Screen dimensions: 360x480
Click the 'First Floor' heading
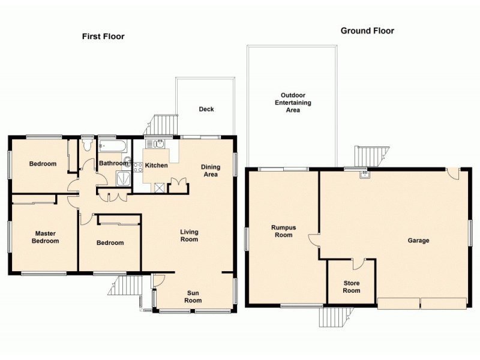[x=103, y=37]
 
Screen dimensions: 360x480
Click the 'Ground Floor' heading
[x=367, y=31]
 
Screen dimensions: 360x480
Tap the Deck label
[x=206, y=109]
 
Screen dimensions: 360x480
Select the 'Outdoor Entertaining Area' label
[x=293, y=103]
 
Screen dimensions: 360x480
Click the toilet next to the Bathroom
[x=88, y=145]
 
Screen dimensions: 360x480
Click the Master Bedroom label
[x=46, y=237]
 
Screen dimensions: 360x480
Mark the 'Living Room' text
[x=190, y=235]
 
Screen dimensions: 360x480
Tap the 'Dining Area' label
[x=210, y=171]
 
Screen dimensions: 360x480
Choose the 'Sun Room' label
[x=193, y=296]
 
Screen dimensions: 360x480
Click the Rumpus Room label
[x=281, y=231]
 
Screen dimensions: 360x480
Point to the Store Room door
[x=359, y=263]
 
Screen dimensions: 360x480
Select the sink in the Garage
[x=364, y=175]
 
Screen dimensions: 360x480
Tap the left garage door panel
[x=398, y=303]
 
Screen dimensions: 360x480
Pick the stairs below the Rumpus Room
[x=332, y=316]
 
